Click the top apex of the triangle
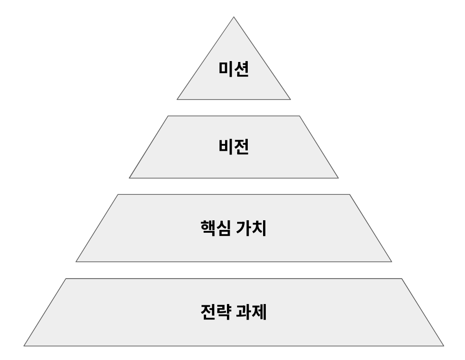[234, 17]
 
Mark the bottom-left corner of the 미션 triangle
[177, 99]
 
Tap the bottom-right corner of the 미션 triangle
[291, 99]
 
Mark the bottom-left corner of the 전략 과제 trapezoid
[24, 346]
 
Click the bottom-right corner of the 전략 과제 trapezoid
[444, 346]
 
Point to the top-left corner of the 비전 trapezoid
[168, 116]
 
